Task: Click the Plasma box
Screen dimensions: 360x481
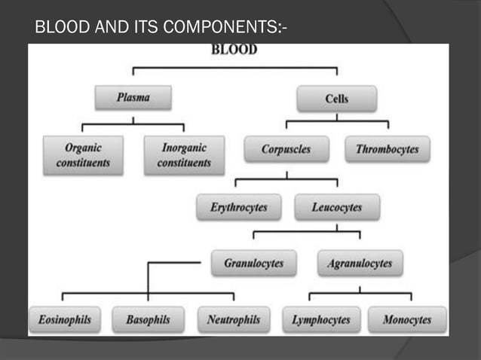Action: click(133, 97)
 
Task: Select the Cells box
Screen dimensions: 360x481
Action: click(337, 99)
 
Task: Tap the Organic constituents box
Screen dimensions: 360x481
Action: click(83, 155)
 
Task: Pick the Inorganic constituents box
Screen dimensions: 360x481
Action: click(184, 155)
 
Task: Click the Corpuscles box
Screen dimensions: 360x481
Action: click(286, 149)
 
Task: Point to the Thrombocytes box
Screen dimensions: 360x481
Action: click(387, 149)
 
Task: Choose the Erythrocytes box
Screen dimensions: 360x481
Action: click(238, 207)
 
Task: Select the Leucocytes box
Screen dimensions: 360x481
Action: click(337, 207)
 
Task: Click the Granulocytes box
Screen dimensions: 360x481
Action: click(254, 264)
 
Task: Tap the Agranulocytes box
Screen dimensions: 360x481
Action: click(360, 264)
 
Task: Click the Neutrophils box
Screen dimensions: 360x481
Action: click(234, 320)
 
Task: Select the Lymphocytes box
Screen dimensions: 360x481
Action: click(321, 320)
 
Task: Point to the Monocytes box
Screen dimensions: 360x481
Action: click(407, 320)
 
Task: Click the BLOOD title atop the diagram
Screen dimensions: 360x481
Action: click(234, 50)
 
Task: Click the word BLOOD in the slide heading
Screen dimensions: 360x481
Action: click(63, 30)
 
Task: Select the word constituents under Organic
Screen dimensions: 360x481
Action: click(83, 163)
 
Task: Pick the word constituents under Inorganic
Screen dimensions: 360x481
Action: click(184, 163)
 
